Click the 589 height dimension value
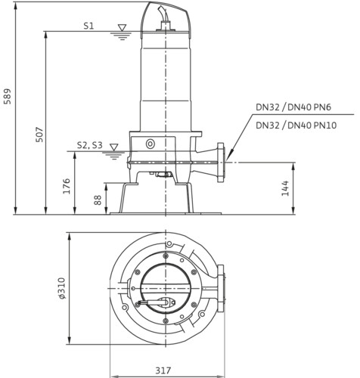pos(8,96)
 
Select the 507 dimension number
pos(39,135)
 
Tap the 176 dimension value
pos(67,186)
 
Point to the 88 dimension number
pos(98,200)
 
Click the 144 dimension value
pos(285,188)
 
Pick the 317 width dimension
pos(163,370)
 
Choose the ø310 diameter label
pos(61,288)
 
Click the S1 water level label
pos(88,26)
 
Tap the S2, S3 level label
pos(90,145)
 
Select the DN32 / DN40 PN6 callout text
pos(293,107)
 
